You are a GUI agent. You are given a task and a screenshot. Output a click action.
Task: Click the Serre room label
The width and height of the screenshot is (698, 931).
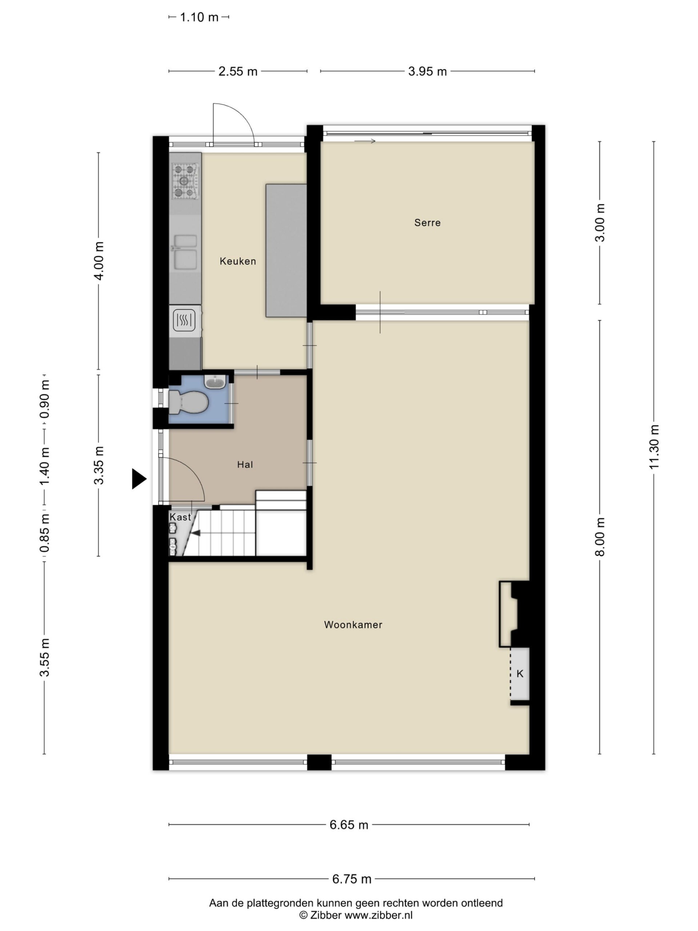[x=427, y=223]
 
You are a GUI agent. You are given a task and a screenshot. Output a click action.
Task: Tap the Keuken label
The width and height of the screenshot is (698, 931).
[x=238, y=261]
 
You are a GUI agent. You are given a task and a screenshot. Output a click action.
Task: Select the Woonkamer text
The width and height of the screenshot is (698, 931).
[x=353, y=624]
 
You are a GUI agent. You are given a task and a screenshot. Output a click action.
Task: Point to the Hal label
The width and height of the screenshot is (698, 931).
[x=245, y=465]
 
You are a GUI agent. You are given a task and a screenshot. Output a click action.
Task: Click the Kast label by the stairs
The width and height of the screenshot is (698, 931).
[x=180, y=517]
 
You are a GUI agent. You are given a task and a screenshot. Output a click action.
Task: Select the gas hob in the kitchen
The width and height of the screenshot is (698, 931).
[x=185, y=181]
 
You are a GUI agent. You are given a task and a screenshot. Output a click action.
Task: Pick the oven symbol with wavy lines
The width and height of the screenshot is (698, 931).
[x=184, y=321]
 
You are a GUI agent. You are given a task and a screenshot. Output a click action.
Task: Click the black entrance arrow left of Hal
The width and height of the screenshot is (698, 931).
[x=139, y=479]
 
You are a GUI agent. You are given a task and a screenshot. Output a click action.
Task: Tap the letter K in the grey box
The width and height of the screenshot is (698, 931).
[x=520, y=674]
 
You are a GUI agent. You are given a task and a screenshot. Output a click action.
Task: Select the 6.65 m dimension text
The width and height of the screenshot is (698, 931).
[x=349, y=824]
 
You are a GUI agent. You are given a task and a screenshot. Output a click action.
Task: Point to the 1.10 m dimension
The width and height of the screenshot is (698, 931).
[x=199, y=17]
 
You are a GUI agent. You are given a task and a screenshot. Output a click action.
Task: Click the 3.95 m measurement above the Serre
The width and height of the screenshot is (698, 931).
[x=427, y=72]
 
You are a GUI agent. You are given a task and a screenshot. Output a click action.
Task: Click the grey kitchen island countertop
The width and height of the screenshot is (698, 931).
[x=286, y=251]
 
